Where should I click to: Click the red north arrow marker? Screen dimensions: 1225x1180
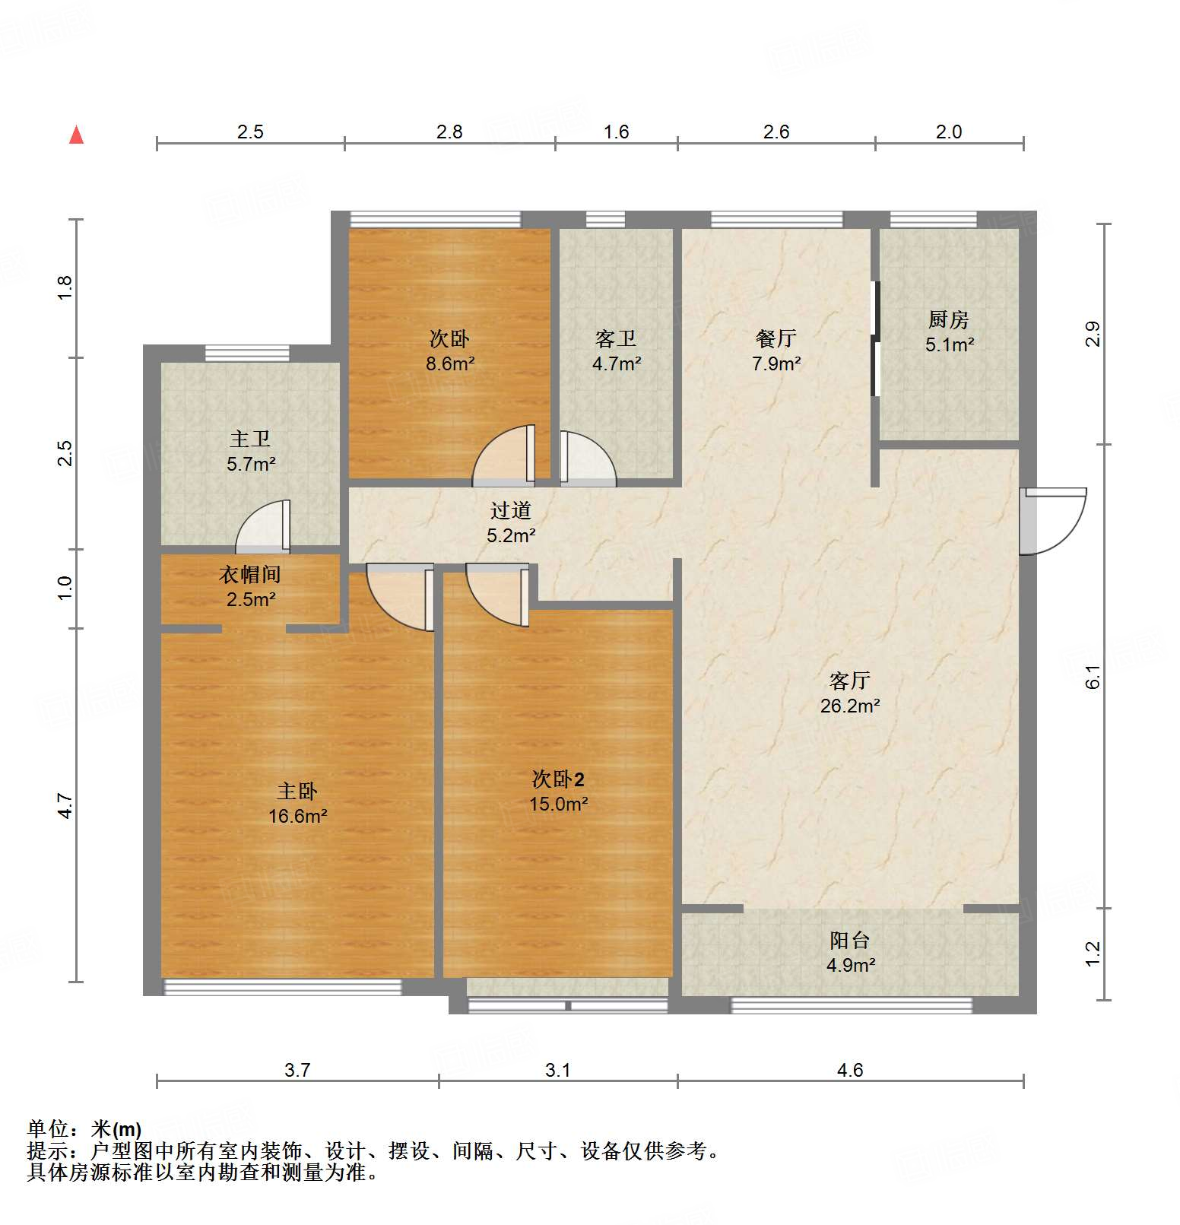[x=76, y=135]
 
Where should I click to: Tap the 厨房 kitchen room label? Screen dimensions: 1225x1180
[x=948, y=319]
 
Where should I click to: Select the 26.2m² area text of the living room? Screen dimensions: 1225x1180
[x=849, y=706]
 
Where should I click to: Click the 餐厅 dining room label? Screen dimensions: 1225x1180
[x=776, y=338]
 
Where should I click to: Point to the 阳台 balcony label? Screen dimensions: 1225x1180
[x=849, y=941]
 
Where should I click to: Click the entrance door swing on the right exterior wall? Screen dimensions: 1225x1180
[x=1052, y=521]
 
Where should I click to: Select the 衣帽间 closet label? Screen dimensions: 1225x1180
[x=249, y=575]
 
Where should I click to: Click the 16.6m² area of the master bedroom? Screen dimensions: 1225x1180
[x=297, y=817]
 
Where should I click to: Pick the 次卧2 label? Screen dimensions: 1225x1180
[x=557, y=779]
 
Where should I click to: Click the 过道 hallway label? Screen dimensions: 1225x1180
[x=510, y=511]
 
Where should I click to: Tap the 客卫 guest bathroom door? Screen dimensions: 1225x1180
[x=587, y=459]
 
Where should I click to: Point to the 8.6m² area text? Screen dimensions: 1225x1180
[x=449, y=363]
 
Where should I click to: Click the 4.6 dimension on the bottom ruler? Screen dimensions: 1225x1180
[x=849, y=1070]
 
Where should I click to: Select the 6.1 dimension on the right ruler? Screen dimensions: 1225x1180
[x=1093, y=676]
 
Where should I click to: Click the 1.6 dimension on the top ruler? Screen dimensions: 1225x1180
[x=616, y=132]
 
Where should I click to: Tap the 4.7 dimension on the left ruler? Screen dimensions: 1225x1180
[x=65, y=805]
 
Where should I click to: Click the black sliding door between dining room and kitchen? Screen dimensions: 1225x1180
[x=875, y=339]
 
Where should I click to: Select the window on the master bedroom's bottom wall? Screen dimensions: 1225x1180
[x=283, y=987]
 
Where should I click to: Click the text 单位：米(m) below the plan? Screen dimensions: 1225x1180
[x=84, y=1129]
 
